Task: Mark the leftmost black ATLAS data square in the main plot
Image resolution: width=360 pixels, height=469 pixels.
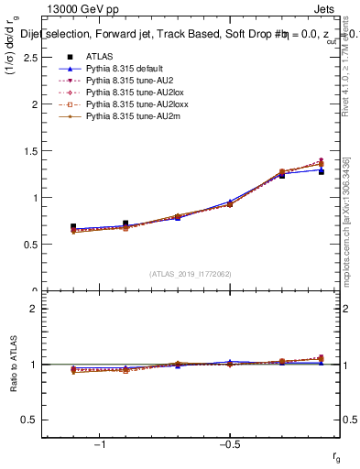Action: coord(73,226)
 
